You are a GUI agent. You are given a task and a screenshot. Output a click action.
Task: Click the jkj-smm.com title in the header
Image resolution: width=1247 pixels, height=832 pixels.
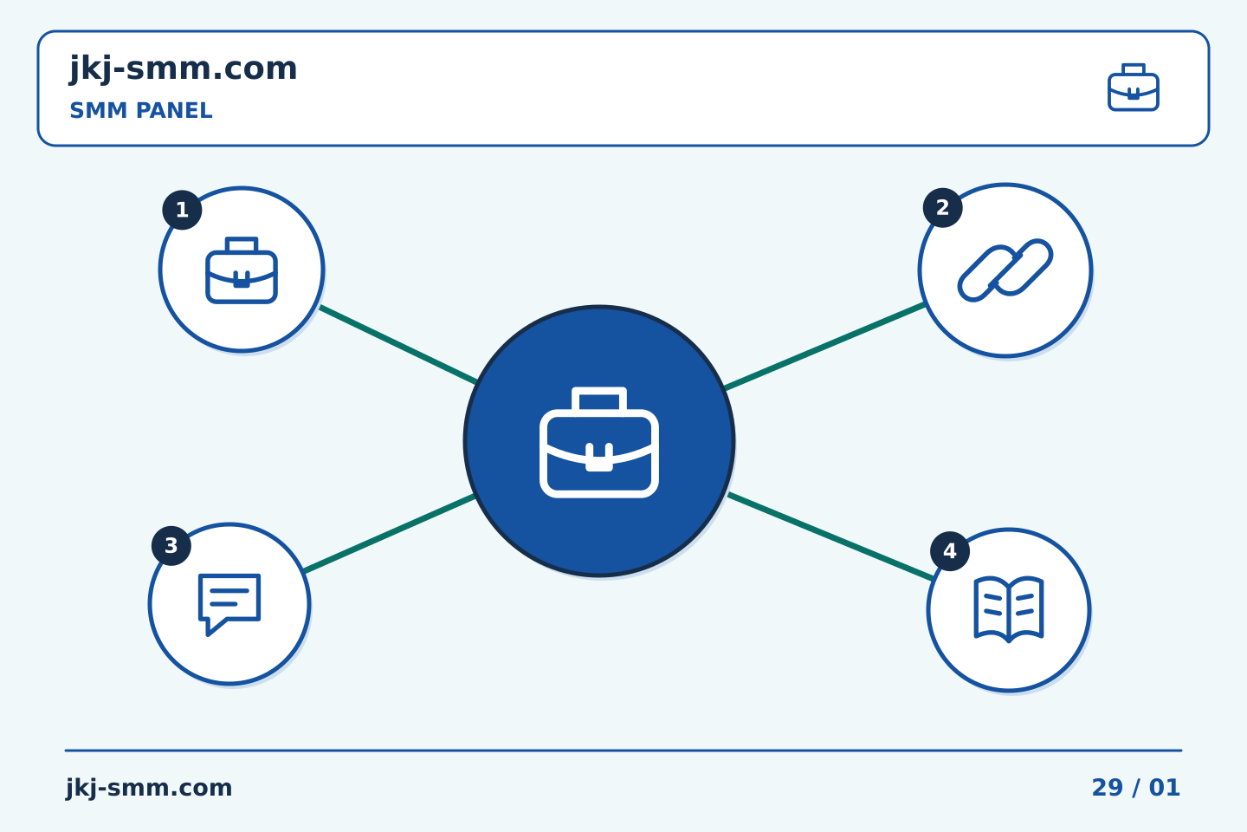tap(184, 69)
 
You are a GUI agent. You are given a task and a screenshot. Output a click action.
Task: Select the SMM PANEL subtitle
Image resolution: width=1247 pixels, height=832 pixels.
tap(141, 110)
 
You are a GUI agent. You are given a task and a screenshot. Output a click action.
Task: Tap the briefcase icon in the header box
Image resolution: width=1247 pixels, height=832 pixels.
tap(1134, 88)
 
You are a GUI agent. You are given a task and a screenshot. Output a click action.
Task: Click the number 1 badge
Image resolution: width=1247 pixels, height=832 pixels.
tap(182, 210)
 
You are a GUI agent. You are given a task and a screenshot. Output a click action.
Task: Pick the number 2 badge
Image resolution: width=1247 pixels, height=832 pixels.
tap(942, 208)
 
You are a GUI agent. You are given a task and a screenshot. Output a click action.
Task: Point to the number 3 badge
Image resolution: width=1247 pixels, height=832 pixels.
tap(171, 545)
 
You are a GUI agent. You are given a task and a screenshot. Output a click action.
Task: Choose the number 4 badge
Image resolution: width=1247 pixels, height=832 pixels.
tap(950, 551)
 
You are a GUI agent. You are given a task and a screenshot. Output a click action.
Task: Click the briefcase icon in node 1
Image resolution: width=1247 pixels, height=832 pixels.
tap(242, 270)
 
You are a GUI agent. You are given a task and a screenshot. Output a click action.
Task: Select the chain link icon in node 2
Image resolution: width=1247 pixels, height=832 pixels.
tap(1005, 270)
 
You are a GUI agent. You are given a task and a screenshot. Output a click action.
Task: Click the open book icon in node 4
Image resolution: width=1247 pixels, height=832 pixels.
tap(1009, 609)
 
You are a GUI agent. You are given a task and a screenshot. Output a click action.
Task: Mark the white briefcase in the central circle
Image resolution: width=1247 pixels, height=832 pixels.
tap(599, 442)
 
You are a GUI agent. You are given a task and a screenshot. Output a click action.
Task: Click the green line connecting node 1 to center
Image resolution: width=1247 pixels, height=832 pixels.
tap(398, 345)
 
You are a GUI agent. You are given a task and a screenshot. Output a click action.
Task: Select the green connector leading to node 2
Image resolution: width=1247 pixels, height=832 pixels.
tap(824, 346)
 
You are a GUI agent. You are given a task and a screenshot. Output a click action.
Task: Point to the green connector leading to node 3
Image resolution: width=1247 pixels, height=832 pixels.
tap(389, 533)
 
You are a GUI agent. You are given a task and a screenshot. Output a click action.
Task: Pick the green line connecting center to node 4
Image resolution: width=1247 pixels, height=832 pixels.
tap(830, 537)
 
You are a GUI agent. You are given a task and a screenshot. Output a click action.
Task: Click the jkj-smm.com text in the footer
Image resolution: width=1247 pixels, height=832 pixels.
tap(149, 788)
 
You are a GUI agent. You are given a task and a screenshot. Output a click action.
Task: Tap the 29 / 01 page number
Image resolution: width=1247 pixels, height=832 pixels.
tap(1135, 788)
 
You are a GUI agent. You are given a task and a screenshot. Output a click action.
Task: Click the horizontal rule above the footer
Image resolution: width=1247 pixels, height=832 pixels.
tap(623, 751)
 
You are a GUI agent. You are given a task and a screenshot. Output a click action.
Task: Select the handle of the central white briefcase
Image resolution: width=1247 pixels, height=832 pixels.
tap(599, 400)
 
